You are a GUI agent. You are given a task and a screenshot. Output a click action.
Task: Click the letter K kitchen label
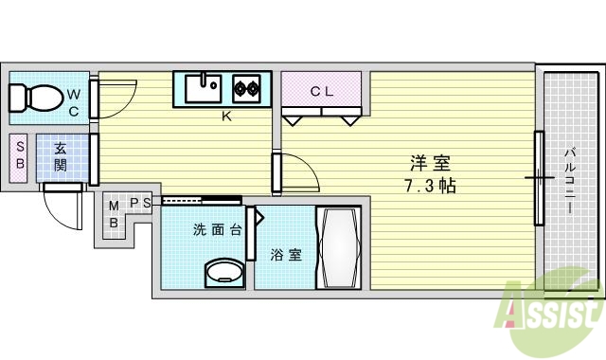[226, 117]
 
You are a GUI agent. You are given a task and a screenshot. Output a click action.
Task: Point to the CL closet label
[322, 91]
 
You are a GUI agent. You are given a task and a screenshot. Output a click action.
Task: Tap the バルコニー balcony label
[571, 180]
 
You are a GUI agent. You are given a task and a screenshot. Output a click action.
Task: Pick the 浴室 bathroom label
[287, 254]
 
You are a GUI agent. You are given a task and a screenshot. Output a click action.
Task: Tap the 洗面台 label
[213, 229]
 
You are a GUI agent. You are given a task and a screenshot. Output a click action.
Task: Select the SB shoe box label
[19, 157]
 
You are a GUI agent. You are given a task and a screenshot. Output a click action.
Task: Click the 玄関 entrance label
[60, 157]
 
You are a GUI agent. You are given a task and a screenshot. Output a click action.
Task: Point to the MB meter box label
[114, 215]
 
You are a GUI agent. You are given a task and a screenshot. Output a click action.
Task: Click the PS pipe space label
[141, 202]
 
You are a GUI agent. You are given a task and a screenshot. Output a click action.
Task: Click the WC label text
[74, 102]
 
